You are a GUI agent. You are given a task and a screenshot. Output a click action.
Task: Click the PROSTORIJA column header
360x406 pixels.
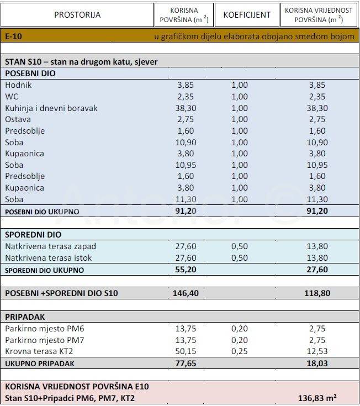pos(77,15)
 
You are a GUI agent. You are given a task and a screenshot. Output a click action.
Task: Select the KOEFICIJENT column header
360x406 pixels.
pos(247,15)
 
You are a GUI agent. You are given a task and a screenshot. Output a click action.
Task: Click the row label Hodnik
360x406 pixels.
pos(18,85)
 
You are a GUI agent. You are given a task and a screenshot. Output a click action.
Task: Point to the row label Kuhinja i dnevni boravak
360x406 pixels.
pos(51,108)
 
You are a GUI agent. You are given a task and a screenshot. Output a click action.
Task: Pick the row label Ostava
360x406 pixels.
pos(18,119)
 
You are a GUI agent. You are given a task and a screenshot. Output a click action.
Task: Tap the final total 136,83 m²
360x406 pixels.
pos(317,398)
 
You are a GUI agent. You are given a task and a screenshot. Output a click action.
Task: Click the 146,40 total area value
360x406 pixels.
pos(186,293)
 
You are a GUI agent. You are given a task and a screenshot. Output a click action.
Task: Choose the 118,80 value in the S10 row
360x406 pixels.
pos(317,293)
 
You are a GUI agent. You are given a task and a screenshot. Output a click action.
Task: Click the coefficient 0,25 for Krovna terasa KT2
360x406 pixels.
pos(240,351)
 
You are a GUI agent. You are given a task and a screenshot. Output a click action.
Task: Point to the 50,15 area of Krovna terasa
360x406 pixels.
pos(186,351)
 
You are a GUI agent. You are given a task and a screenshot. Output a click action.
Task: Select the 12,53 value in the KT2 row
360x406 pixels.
pos(317,351)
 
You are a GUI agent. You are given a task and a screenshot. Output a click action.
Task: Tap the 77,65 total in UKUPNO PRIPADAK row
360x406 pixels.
pos(186,363)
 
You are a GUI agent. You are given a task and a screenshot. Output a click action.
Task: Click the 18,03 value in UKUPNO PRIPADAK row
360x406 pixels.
pos(317,363)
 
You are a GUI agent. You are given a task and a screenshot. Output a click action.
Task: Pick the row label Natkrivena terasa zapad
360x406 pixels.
pos(46,246)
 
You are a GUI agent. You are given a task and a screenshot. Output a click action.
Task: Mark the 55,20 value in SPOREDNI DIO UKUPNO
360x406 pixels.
pos(186,270)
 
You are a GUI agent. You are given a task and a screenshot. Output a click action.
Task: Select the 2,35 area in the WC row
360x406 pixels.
pos(186,97)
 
